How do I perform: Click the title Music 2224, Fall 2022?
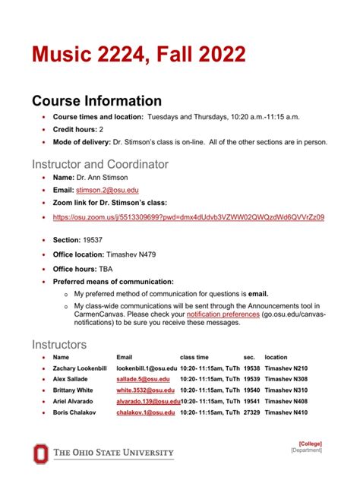click(138, 55)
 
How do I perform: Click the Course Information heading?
click(96, 101)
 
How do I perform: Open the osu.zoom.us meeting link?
click(188, 217)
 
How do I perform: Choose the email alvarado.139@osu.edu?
click(148, 401)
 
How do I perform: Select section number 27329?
click(251, 412)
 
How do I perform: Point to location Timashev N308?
click(286, 378)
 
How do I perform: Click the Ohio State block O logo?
click(39, 453)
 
